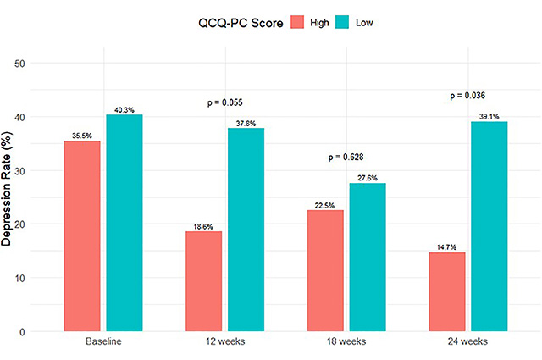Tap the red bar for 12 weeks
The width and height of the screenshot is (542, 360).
[x=204, y=281]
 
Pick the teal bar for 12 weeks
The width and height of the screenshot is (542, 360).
[x=246, y=230]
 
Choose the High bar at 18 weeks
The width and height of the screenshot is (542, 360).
[x=325, y=270]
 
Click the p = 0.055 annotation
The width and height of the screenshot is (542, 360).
[x=225, y=102]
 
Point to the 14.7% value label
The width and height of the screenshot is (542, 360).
[x=447, y=246]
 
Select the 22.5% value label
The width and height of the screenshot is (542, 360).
[x=325, y=204]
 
